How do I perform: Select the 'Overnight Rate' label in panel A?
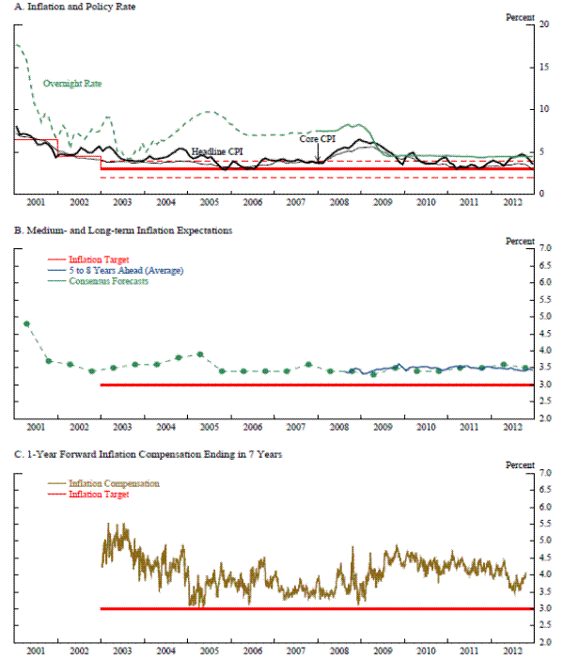click(x=72, y=84)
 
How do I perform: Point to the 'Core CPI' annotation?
click(x=318, y=138)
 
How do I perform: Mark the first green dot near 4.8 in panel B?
click(x=26, y=323)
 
